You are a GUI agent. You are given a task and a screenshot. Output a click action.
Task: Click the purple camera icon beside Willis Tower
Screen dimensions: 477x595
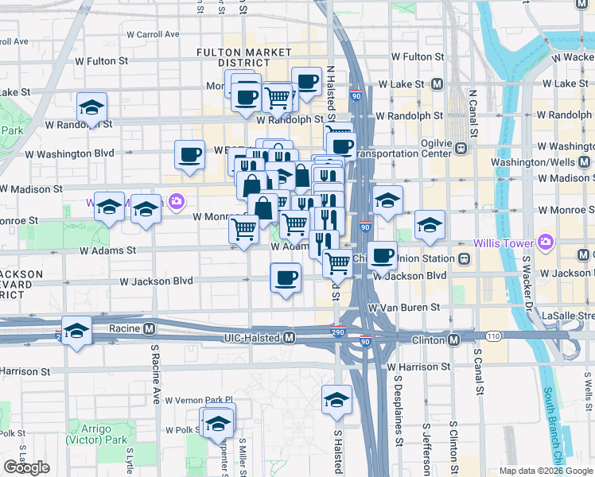[545, 241]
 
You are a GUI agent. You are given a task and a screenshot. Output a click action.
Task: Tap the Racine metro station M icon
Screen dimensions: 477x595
[149, 328]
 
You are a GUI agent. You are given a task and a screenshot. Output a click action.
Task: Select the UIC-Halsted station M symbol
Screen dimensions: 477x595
[290, 338]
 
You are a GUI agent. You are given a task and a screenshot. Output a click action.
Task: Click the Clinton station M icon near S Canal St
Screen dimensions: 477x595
[453, 339]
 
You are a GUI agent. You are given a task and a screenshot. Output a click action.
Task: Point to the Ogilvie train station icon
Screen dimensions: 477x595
[460, 147]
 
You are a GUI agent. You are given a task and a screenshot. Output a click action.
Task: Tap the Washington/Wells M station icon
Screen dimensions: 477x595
[585, 162]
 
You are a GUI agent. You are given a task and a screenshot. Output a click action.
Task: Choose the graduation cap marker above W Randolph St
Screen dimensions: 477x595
[92, 108]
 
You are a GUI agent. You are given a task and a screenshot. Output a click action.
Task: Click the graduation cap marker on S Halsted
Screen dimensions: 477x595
[336, 400]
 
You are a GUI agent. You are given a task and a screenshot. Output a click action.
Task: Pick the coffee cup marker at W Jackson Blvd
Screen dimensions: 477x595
[286, 278]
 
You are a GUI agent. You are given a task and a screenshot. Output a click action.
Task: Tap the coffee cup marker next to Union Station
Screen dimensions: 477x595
[382, 256]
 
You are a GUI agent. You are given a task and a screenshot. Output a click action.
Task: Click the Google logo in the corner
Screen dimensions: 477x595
[26, 467]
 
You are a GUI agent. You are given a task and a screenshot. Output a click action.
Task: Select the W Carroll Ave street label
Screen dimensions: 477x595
[152, 35]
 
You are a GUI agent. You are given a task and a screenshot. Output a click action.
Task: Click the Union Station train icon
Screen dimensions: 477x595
[463, 258]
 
